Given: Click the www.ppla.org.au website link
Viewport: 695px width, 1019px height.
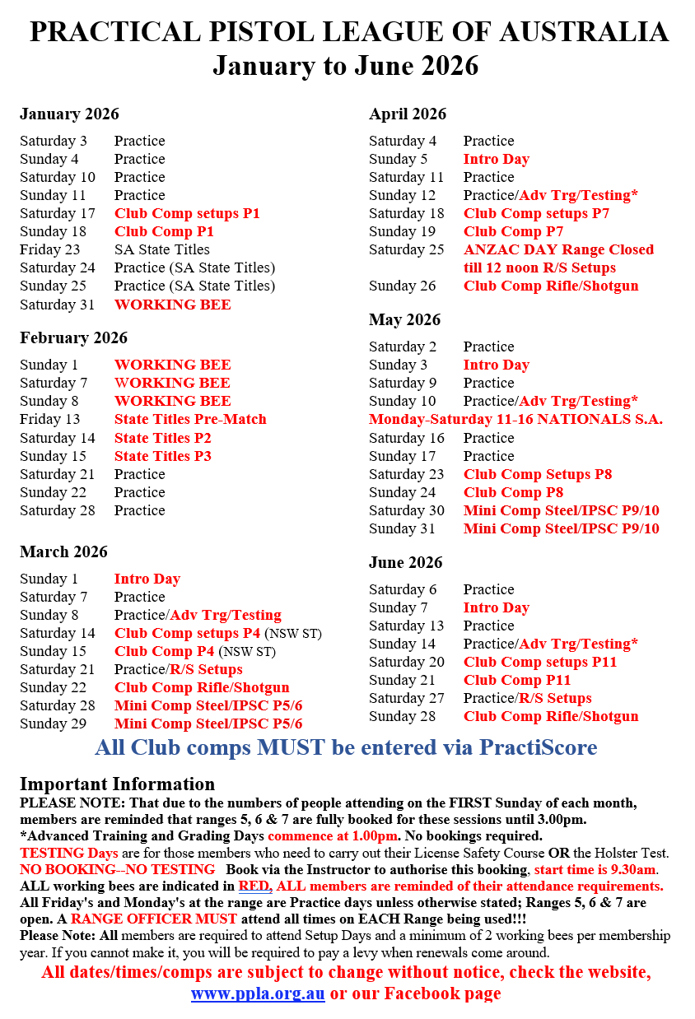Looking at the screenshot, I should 258,993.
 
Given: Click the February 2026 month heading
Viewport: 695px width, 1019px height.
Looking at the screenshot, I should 73,337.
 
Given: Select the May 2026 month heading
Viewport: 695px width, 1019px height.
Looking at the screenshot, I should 404,319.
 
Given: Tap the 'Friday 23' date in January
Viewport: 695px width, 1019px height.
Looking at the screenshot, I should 50,249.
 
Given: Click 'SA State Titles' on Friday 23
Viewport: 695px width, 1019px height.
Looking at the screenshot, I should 162,249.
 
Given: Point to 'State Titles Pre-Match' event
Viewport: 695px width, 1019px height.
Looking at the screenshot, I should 190,419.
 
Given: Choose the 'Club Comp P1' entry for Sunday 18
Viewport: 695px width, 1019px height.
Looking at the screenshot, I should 164,231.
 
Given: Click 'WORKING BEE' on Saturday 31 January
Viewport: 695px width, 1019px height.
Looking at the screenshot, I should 172,305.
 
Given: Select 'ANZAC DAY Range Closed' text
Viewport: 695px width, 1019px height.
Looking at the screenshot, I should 558,249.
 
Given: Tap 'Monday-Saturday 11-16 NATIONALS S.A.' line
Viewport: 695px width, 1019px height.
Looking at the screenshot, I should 515,419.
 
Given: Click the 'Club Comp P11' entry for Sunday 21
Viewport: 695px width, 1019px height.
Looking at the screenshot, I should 517,680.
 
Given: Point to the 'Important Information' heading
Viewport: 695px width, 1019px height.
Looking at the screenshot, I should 117,784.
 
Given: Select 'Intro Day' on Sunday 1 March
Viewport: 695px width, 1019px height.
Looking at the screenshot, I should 147,579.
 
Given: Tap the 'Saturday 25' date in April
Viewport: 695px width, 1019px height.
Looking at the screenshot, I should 406,249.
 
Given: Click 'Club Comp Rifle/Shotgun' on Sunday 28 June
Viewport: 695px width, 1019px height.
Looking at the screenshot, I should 551,716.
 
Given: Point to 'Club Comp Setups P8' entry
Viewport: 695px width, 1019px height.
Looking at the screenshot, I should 538,474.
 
